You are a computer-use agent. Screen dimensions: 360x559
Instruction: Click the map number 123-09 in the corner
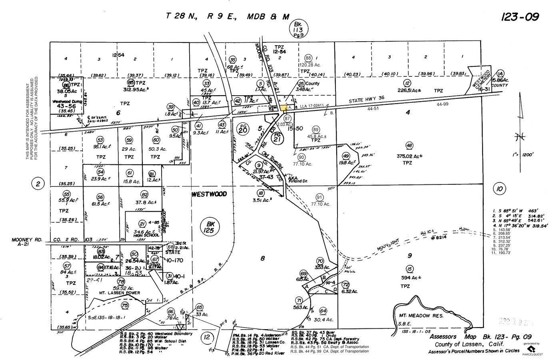pyautogui.click(x=519, y=17)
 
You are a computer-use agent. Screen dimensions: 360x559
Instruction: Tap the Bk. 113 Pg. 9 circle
pyautogui.click(x=297, y=29)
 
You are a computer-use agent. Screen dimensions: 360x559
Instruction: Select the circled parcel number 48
pyautogui.click(x=409, y=145)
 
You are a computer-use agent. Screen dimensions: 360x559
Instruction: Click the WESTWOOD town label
pyautogui.click(x=209, y=194)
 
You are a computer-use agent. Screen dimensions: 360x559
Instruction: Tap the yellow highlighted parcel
pyautogui.click(x=284, y=107)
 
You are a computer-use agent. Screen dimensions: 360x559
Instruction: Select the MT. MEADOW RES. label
pyautogui.click(x=415, y=315)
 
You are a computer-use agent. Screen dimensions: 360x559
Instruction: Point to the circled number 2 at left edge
pyautogui.click(x=38, y=184)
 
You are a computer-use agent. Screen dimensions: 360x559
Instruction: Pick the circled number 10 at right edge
pyautogui.click(x=499, y=189)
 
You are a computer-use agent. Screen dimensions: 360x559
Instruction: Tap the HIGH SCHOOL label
pyautogui.click(x=147, y=235)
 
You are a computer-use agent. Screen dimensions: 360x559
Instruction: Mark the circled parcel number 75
pyautogui.click(x=125, y=305)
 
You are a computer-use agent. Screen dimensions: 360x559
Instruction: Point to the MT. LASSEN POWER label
pyautogui.click(x=120, y=293)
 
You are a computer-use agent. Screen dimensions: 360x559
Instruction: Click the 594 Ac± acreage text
pyautogui.click(x=409, y=278)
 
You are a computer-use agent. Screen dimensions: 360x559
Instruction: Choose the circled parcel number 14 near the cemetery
pyautogui.click(x=500, y=73)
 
